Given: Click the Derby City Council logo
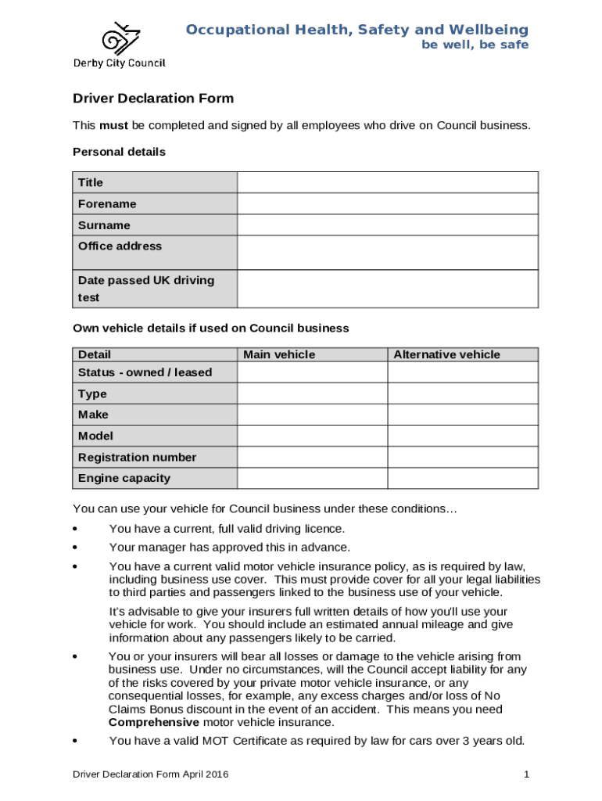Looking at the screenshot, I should (119, 45).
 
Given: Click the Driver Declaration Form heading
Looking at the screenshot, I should (153, 99).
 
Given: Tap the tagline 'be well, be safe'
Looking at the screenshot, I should (475, 45).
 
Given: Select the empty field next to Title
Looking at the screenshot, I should (388, 182).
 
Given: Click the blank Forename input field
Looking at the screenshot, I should (388, 203).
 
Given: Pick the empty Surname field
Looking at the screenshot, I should (388, 225).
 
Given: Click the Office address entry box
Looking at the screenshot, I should (388, 253).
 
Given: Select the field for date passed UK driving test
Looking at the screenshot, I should (388, 289).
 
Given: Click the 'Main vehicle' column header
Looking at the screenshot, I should (279, 354).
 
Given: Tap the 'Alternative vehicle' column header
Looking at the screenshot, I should (446, 354).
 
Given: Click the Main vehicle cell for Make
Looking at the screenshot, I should (313, 415).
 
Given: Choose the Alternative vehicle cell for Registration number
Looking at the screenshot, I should (463, 457).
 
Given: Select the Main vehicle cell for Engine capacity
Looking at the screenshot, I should (313, 478).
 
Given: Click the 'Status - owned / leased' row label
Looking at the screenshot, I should (145, 372).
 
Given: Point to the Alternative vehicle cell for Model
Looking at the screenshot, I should (463, 436).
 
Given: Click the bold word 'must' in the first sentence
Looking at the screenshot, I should (113, 125).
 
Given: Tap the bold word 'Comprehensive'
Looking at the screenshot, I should (153, 722).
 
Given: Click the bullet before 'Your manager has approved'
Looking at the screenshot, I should (76, 548).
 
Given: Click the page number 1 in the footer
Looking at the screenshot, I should (528, 774).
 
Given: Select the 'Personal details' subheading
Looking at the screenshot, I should (119, 152).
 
